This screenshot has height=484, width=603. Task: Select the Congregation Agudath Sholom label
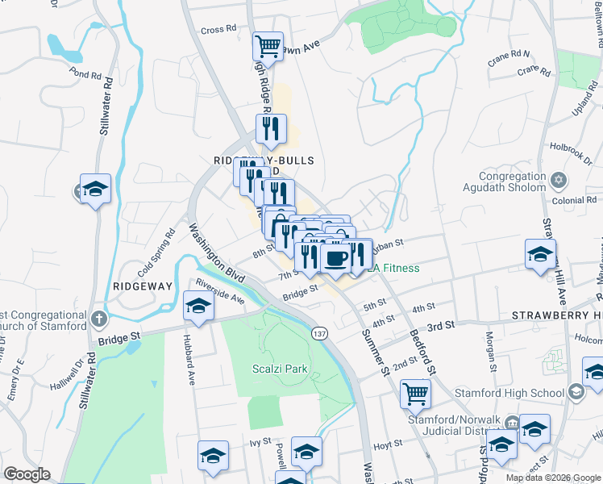513,182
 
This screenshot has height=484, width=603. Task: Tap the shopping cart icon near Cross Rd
268,45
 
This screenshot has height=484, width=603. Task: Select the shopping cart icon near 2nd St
416,393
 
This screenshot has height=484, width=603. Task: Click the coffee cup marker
335,258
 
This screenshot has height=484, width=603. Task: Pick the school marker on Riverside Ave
198,306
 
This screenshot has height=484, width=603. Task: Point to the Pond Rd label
85,73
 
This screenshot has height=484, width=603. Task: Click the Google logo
27,474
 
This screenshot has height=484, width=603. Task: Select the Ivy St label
258,442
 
